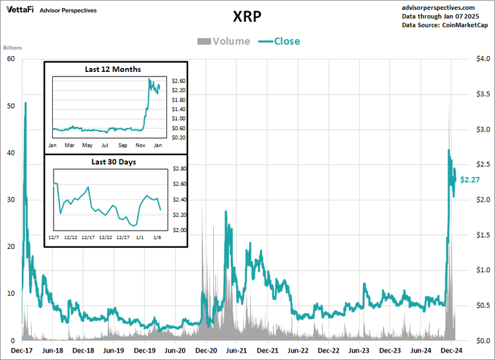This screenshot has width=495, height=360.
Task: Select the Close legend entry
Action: [286, 41]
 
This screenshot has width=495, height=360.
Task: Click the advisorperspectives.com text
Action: [447, 7]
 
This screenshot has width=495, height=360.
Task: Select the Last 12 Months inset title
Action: [112, 69]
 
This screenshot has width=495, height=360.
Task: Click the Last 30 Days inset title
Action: [112, 162]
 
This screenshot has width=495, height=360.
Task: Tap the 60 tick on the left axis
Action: [11, 59]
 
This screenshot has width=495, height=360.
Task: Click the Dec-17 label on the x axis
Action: [22, 351]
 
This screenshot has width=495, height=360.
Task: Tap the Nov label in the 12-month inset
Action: [140, 144]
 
